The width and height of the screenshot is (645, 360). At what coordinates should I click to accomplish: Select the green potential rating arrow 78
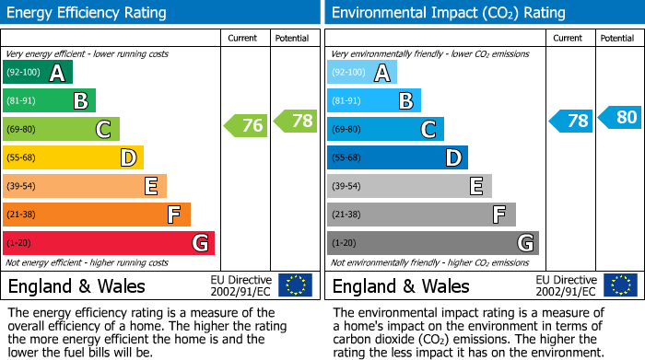tap(295, 120)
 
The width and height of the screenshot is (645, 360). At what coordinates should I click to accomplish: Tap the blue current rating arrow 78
tap(571, 121)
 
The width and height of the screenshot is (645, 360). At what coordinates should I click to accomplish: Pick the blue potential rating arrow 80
tap(619, 117)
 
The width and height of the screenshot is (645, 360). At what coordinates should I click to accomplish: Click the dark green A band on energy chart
tap(38, 73)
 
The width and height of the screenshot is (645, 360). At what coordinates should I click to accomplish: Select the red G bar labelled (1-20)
tap(109, 243)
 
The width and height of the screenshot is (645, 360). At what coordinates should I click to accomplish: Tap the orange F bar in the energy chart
tap(97, 215)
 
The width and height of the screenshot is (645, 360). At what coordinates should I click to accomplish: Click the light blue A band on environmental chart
tap(362, 73)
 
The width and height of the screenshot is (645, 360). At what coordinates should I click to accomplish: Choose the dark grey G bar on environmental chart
tap(433, 243)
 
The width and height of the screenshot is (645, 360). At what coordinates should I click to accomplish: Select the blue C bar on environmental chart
tap(385, 130)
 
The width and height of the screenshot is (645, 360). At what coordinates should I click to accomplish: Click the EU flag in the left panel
tap(295, 285)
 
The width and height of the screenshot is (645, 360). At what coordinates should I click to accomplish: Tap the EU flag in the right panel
tap(620, 285)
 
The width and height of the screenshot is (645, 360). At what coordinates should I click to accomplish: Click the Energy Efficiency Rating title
tap(88, 13)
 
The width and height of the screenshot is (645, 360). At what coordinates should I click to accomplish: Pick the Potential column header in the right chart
tap(617, 38)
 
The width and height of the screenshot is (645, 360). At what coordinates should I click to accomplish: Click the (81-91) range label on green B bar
tap(22, 101)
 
